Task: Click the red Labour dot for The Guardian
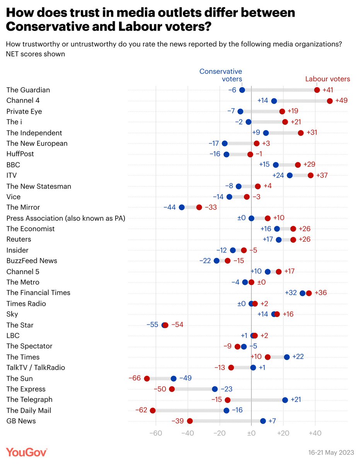tap(317, 90)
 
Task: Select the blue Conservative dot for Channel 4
tap(274, 101)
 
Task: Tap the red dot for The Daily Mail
tap(152, 410)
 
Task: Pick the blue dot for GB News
tap(263, 421)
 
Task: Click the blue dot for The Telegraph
tap(285, 400)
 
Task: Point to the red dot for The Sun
tap(147, 379)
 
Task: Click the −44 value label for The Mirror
tap(170, 207)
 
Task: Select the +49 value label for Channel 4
tap(341, 101)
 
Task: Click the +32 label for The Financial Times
tap(291, 293)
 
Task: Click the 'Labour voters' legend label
tap(327, 79)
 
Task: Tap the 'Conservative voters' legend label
tap(220, 75)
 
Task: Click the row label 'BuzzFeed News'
tap(32, 261)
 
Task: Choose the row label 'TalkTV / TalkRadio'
tap(36, 367)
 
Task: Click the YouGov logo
tap(27, 452)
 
